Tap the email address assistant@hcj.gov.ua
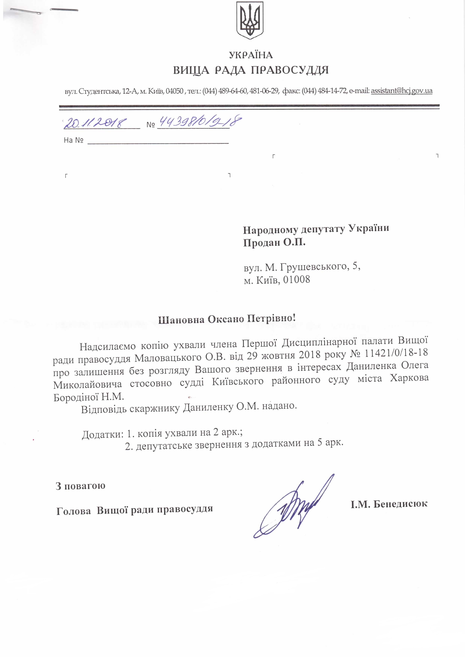[x=401, y=91]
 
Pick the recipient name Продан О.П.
[x=274, y=243]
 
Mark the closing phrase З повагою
[x=81, y=486]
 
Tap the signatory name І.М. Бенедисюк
[x=389, y=504]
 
